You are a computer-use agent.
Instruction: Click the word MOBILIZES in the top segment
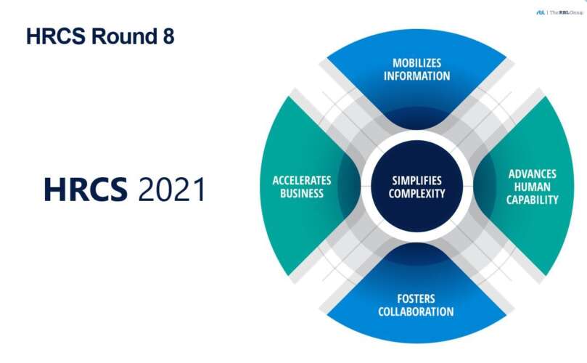[416, 63]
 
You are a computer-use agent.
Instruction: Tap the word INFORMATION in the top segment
[416, 76]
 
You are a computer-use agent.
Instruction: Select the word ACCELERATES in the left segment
[302, 181]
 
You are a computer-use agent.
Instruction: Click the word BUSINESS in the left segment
[302, 193]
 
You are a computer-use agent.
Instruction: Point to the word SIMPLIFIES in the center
[416, 181]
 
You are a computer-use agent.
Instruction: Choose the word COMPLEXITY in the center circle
[416, 194]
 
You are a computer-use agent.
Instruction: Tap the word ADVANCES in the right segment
[532, 174]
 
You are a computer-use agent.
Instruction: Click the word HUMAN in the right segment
[532, 187]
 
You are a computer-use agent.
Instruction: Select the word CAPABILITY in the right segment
[532, 200]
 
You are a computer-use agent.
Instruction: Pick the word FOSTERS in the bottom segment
[416, 299]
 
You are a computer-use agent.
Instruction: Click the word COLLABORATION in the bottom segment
[416, 311]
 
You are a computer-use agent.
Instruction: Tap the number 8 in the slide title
[168, 36]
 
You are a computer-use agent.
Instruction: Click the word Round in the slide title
[124, 36]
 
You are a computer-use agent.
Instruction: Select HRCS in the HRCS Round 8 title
[56, 36]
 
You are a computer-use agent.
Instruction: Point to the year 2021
[172, 189]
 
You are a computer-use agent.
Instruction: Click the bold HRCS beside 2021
[86, 189]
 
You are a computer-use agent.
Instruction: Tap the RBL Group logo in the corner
[559, 12]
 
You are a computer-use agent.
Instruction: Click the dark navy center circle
[416, 186]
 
